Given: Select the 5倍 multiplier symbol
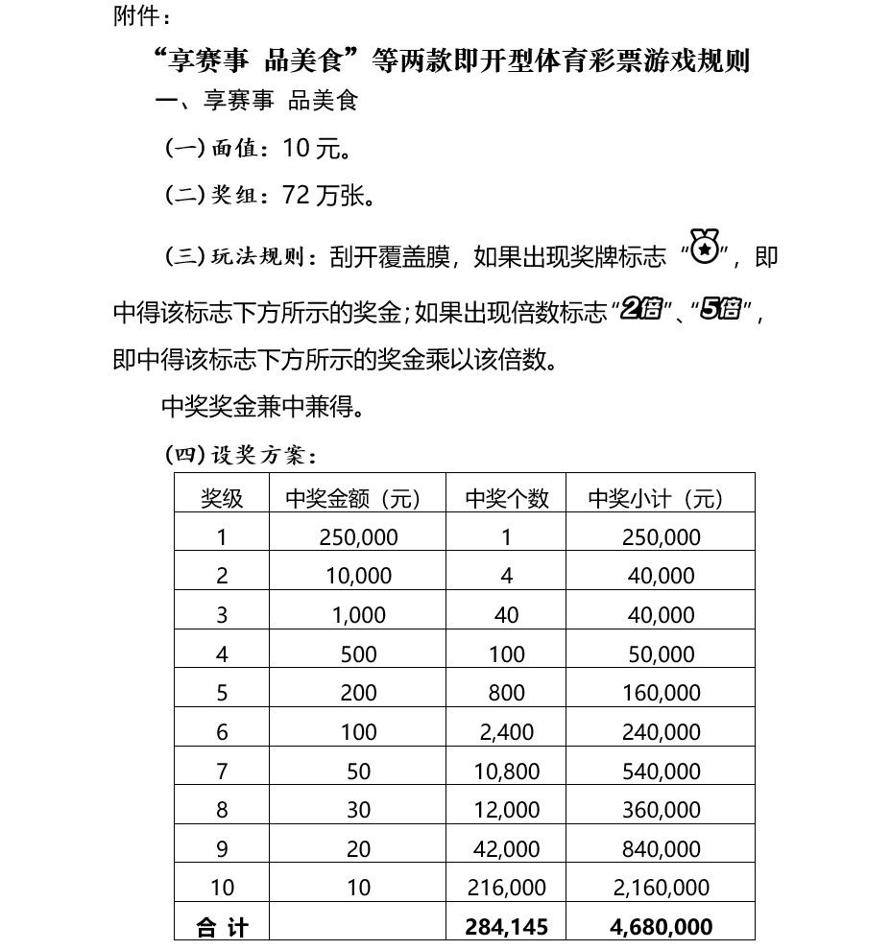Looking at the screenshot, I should coord(720,309).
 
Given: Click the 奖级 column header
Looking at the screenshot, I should coord(222,498).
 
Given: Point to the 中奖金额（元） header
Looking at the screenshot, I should coord(358,498).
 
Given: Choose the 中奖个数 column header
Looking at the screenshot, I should coord(506,498).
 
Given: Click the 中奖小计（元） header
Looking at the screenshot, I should coord(661,498).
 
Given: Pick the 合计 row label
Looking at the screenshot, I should coord(222,927).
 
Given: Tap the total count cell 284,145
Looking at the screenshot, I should coord(506,927).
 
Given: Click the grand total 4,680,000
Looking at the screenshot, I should coord(661,927).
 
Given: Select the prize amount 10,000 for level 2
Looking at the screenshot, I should coord(358,576).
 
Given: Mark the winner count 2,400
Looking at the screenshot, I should coord(506,732).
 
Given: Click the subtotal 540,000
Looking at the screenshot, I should coord(661,772).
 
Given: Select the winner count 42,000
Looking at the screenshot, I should coord(506,849).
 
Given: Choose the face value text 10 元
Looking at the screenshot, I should coord(317,149).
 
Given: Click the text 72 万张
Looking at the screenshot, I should coord(328,196).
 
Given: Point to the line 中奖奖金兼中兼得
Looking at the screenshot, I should coord(262,407).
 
